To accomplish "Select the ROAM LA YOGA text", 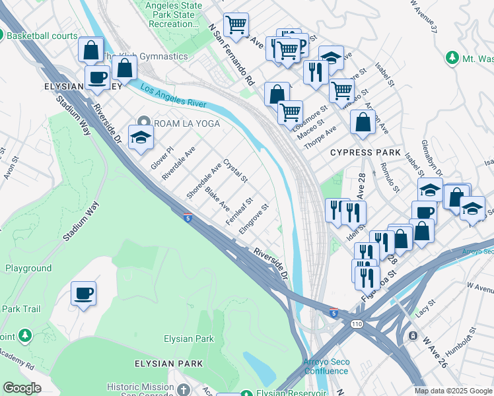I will pos(187,123).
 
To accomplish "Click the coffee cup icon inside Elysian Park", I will pos(84,293).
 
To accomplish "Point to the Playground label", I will pos(28,268).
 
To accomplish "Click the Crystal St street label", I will pos(234,170).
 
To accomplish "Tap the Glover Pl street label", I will pos(160,158).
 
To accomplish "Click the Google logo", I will pos(22,388).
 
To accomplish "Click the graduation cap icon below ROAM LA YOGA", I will pos(141,138).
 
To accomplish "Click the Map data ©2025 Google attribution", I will pos(453,391).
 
